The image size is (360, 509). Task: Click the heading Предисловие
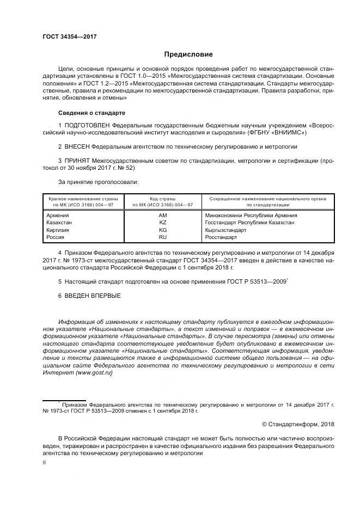(x=188, y=54)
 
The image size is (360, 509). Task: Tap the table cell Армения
(x=58, y=216)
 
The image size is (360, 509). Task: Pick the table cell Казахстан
(x=60, y=223)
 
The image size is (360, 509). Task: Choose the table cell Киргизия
(x=59, y=230)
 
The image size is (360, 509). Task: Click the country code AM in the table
(x=162, y=216)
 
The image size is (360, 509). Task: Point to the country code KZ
(x=162, y=223)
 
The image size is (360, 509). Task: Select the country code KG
(x=162, y=230)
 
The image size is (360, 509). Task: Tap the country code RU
(x=162, y=237)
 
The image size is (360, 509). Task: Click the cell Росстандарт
(x=221, y=237)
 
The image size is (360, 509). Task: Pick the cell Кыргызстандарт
(x=225, y=230)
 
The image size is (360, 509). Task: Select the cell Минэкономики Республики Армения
(x=251, y=216)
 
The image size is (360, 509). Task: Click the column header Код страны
(x=162, y=199)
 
